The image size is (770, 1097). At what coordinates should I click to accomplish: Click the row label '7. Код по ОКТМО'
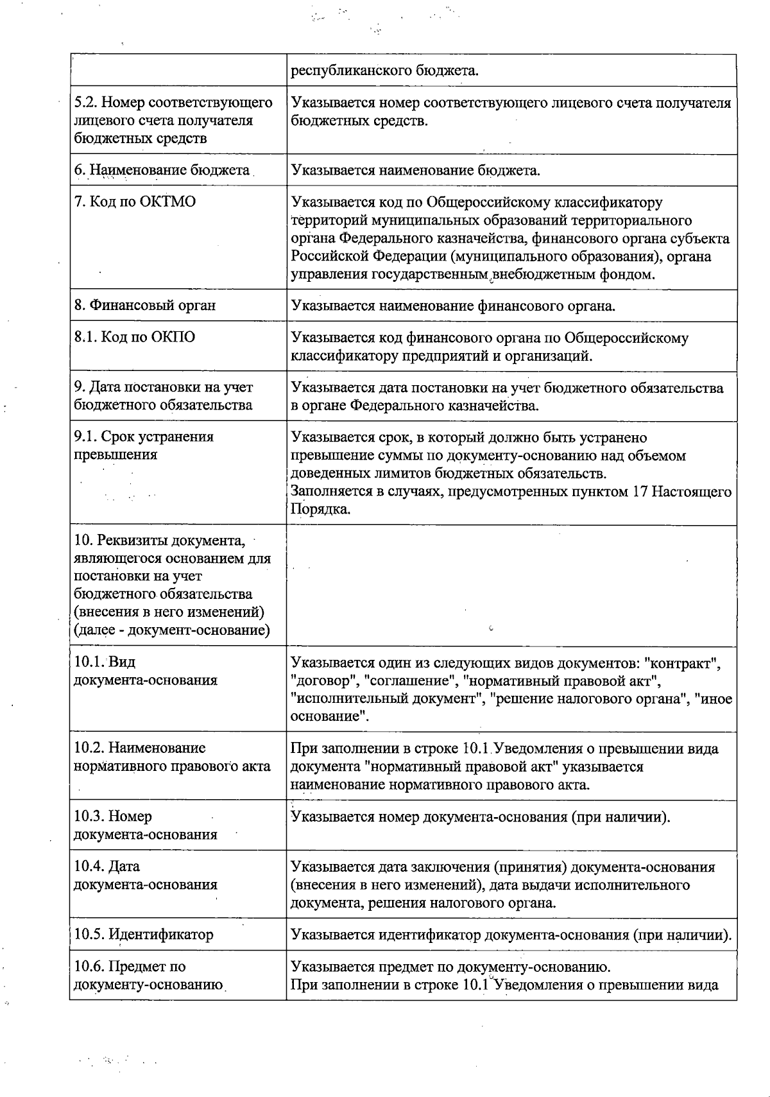click(135, 202)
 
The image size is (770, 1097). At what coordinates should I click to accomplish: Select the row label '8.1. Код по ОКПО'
click(135, 338)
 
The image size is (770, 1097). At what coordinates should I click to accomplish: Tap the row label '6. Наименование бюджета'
click(162, 170)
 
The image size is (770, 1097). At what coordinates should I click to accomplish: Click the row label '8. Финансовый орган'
click(145, 306)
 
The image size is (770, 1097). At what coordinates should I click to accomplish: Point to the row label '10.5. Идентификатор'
click(144, 934)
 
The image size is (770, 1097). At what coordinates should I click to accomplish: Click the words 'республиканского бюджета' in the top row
click(384, 70)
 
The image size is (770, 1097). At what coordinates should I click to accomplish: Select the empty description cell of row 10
click(511, 585)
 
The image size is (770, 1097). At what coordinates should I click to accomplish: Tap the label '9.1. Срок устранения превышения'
click(144, 445)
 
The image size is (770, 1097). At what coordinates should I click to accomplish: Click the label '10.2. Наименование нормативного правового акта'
click(172, 757)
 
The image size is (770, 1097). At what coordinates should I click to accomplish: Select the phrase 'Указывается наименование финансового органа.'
click(453, 306)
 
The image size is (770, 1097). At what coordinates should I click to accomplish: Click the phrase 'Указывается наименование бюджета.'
click(415, 170)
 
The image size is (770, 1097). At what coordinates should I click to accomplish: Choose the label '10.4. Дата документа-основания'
click(145, 876)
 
